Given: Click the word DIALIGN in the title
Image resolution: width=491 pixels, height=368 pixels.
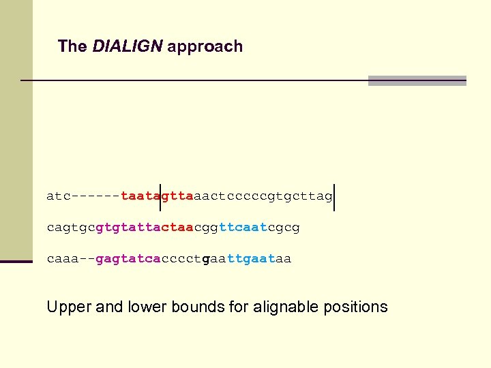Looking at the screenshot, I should (x=128, y=46).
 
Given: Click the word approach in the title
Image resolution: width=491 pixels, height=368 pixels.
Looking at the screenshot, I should (x=205, y=47).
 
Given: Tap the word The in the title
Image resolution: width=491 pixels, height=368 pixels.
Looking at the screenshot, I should (x=72, y=46).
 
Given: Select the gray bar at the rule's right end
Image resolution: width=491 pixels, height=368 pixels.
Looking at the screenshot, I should (x=417, y=80).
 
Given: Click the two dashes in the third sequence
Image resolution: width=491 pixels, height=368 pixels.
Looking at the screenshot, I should (x=87, y=259).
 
